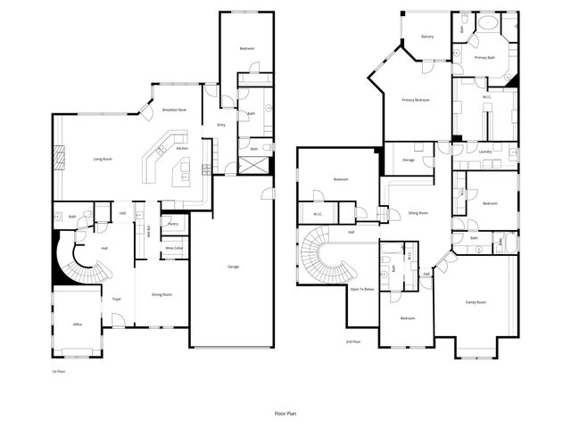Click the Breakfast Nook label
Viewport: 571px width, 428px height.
(x=174, y=110)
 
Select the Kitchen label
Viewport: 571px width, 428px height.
(x=182, y=148)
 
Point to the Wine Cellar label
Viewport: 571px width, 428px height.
(x=174, y=249)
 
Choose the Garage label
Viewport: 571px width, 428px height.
(x=233, y=267)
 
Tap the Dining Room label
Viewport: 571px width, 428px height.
(x=161, y=294)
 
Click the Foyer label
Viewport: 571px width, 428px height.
(x=117, y=299)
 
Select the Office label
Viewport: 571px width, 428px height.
(x=78, y=325)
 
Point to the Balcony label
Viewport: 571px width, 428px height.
(x=427, y=37)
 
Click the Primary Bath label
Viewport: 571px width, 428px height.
(x=484, y=58)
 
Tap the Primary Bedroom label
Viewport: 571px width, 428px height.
(x=416, y=100)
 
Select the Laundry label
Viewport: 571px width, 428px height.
(x=485, y=152)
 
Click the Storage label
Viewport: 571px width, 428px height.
(x=408, y=160)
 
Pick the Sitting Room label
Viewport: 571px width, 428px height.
(x=418, y=214)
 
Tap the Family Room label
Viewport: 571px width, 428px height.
(x=476, y=302)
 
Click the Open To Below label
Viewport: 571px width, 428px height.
(x=362, y=290)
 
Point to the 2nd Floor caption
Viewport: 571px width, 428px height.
(x=353, y=342)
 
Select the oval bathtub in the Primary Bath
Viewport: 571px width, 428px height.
(x=487, y=22)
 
